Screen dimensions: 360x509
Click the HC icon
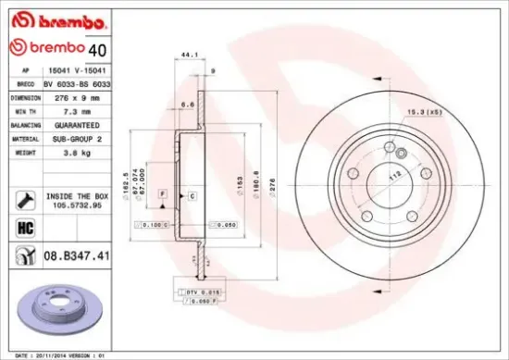click(x=26, y=225)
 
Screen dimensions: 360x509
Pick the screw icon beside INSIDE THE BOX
click(x=26, y=197)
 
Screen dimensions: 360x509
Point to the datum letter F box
click(x=162, y=193)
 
